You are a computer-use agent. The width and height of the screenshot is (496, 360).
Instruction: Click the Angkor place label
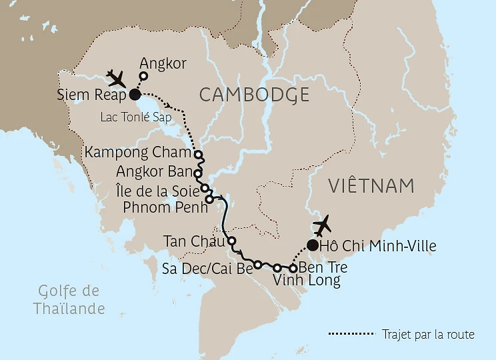pos(163,64)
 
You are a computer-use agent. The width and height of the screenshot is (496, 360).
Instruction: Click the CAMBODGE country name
pos(254,95)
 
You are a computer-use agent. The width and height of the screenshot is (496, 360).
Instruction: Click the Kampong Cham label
pos(137,153)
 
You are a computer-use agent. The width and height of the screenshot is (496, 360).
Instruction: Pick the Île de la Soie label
pos(157,189)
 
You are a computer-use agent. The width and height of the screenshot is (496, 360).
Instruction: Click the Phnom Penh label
pos(163,206)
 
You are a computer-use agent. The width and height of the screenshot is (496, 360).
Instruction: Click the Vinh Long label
pos(307,281)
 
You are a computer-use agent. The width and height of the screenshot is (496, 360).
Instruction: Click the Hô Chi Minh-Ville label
pos(377,247)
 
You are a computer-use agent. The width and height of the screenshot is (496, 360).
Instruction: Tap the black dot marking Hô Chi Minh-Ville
pos(311,245)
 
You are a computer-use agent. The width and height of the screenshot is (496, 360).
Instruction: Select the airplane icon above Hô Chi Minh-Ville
pos(323,225)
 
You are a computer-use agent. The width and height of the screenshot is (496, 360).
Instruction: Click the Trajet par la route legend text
pos(428,334)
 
